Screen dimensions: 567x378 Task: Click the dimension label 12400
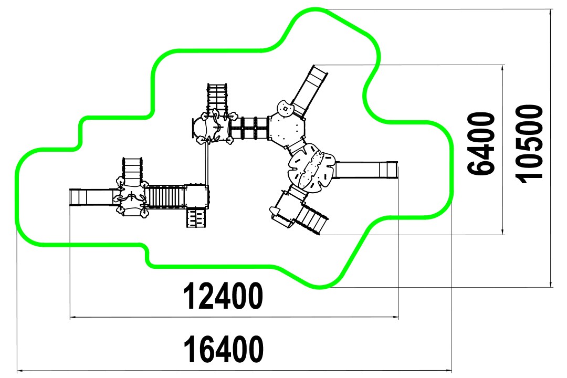224,296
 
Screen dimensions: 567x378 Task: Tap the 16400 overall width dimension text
224,349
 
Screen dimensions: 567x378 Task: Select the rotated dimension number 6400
481,144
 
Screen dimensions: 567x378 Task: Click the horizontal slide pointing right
366,170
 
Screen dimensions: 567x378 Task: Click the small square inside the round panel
285,109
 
